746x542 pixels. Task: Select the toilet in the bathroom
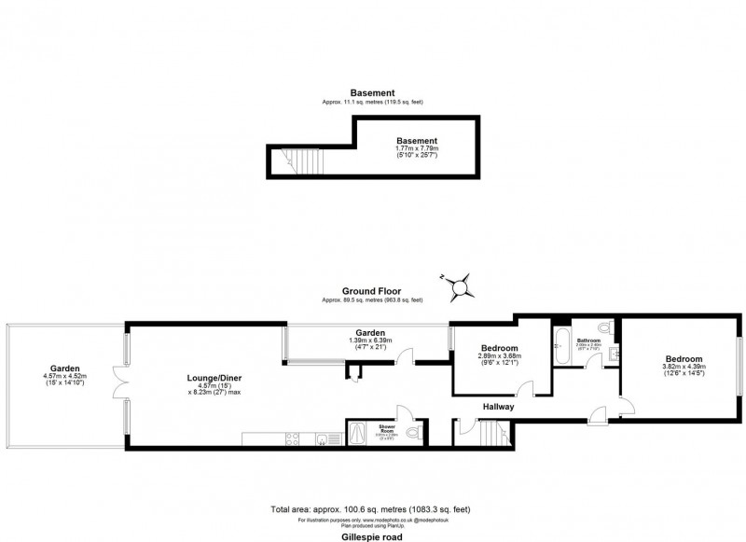(603, 329)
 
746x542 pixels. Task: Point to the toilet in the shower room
(414, 433)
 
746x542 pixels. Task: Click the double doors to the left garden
(120, 382)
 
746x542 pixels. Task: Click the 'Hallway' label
(499, 408)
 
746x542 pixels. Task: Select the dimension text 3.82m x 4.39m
(684, 368)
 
